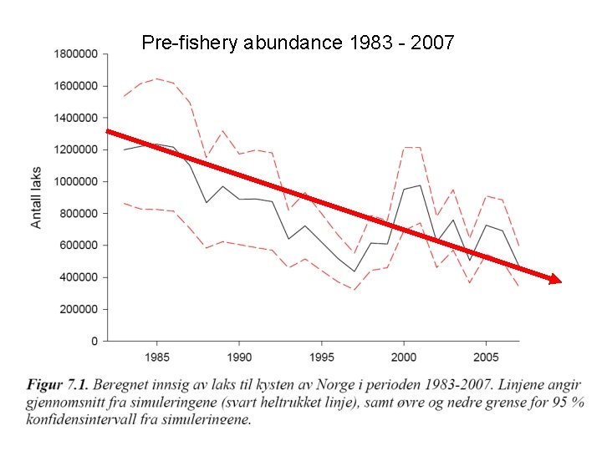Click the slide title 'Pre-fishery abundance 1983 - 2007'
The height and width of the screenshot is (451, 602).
(x=298, y=42)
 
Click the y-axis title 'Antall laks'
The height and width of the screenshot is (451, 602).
(x=36, y=197)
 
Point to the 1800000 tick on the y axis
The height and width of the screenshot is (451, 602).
(x=75, y=54)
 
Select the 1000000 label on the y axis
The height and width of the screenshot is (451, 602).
(x=75, y=181)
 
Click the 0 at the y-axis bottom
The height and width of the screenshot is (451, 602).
(x=94, y=341)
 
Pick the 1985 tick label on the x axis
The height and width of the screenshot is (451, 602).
(x=156, y=357)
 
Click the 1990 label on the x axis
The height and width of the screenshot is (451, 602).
(x=238, y=357)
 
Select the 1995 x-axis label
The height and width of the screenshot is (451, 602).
(x=321, y=357)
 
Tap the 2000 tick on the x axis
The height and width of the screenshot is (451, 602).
(x=403, y=357)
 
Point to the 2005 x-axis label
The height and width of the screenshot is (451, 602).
(x=486, y=357)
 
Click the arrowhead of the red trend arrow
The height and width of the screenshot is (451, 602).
(x=554, y=280)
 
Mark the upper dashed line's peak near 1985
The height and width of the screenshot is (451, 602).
(x=156, y=79)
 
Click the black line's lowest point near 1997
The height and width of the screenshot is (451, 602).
(x=354, y=271)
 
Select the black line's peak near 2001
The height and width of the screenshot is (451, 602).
(x=420, y=185)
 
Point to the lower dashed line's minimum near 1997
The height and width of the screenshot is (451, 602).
(x=354, y=291)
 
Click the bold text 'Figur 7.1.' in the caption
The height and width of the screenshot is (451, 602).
(x=57, y=385)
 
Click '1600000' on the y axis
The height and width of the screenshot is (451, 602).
(x=75, y=86)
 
